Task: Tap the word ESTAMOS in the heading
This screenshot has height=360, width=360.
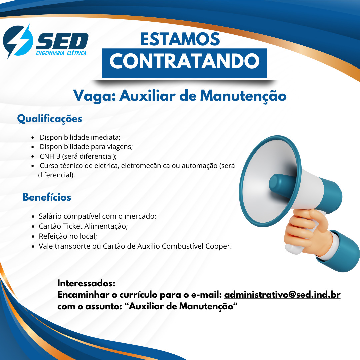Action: (x=180, y=39)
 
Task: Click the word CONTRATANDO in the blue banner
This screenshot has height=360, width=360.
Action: (x=184, y=61)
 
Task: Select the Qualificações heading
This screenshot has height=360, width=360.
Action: (x=50, y=119)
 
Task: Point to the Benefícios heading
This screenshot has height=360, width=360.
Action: (x=47, y=197)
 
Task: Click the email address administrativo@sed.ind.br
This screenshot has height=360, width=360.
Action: (x=282, y=295)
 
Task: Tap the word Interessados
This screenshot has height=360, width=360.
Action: (x=86, y=283)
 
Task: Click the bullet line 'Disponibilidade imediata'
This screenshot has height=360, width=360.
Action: (x=80, y=137)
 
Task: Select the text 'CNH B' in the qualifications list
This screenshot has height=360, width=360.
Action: (x=50, y=156)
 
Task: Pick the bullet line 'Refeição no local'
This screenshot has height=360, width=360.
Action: (x=68, y=236)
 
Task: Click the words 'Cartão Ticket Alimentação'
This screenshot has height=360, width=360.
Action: (x=83, y=226)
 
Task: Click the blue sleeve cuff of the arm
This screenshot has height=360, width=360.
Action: (x=340, y=251)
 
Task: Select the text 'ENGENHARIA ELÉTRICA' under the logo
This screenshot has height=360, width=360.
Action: (x=61, y=53)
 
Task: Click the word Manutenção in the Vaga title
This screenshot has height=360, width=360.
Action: (x=243, y=96)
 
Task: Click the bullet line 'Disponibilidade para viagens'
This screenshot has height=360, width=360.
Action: (x=86, y=147)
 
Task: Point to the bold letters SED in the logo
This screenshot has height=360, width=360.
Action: (x=62, y=41)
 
